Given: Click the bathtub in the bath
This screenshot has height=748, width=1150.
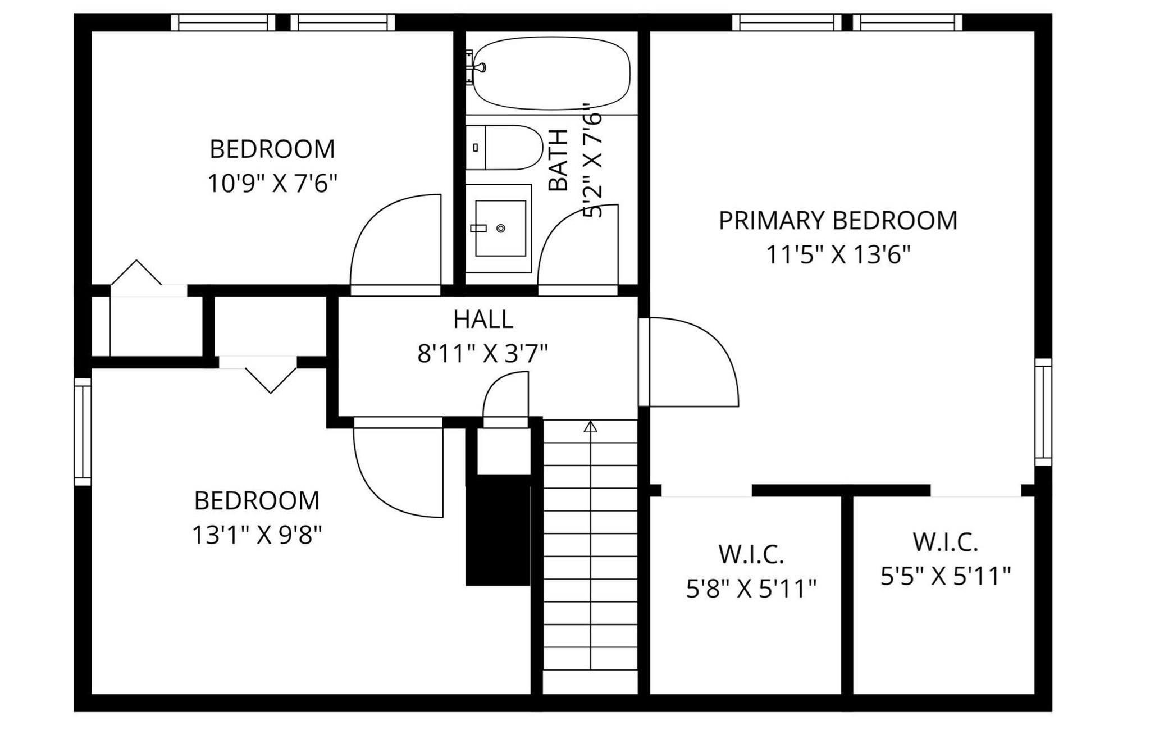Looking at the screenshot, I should tap(550, 73).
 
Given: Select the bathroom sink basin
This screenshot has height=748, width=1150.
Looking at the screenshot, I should tap(500, 228).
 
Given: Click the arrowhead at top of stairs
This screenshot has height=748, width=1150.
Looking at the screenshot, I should tap(590, 427).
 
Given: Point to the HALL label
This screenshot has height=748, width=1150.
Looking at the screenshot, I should tap(483, 319).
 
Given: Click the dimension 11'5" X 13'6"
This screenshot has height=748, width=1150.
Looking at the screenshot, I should tap(838, 255).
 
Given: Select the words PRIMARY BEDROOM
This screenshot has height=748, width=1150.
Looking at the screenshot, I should tap(838, 220).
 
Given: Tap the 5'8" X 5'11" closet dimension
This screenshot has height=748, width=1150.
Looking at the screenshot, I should tap(751, 589).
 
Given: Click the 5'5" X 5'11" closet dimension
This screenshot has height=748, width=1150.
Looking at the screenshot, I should tap(945, 576).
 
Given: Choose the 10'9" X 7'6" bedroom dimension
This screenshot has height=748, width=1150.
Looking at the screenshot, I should tap(272, 183).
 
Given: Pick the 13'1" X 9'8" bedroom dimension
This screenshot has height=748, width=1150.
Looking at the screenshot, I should tap(257, 535).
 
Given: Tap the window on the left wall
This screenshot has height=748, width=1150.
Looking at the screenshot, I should tap(83, 431).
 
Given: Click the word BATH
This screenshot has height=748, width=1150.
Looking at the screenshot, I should tap(558, 160).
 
